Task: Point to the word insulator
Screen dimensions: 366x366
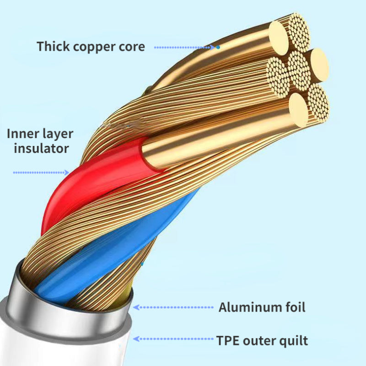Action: click(42, 148)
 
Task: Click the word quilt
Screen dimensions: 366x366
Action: click(293, 340)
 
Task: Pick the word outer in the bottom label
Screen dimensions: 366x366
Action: click(260, 340)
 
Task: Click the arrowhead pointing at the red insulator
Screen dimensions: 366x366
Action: click(67, 172)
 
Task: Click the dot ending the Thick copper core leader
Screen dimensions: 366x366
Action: click(218, 47)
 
